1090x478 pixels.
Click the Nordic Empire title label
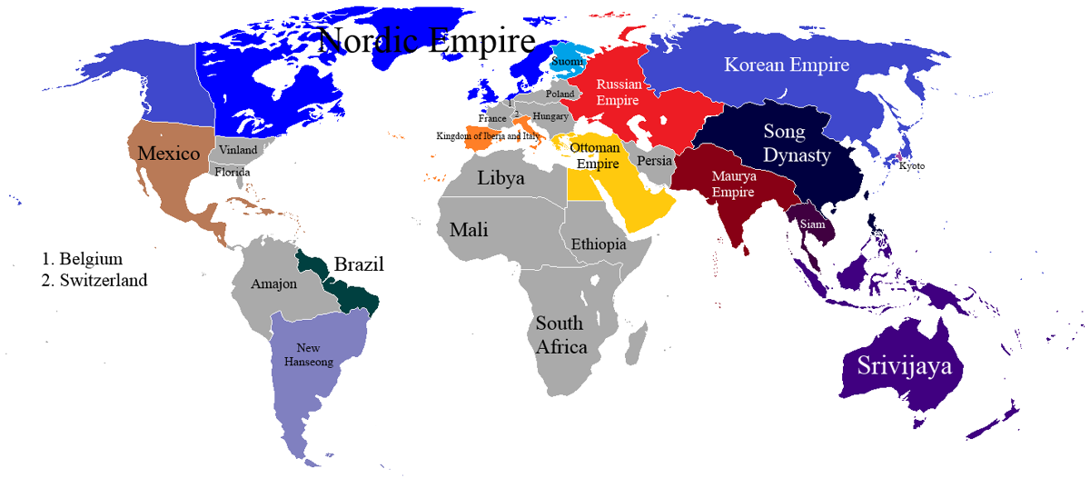pos(427,41)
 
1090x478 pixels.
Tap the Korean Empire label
pos(787,65)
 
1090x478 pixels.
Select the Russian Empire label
pos(619,92)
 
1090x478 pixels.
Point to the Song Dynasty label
pos(796,144)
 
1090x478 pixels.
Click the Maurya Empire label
pos(734,184)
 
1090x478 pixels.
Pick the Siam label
pos(812,224)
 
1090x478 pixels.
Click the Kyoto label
pos(912,165)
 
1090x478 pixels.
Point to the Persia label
pos(654,161)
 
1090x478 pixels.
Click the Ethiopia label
pos(599,244)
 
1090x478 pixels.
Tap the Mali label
pos(469,230)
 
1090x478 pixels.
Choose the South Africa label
pos(560,334)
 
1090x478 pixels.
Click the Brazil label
pos(359,265)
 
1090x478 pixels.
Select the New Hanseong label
pos(309,354)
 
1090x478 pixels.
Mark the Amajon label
pos(274,284)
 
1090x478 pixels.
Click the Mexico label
pos(169,154)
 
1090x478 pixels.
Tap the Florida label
pos(233,172)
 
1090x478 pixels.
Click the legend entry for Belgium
pos(82,259)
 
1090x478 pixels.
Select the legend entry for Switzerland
pos(94,281)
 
